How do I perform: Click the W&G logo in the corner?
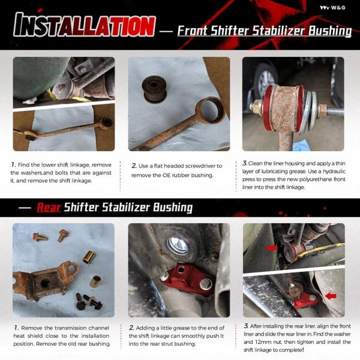click(x=332, y=8)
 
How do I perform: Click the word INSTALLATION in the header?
click(x=85, y=25)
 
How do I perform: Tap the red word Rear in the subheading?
click(x=49, y=208)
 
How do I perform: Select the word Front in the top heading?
click(x=192, y=31)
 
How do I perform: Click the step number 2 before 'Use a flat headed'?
click(x=134, y=166)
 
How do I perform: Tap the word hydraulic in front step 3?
click(x=334, y=171)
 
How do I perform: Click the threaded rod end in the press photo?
click(x=335, y=112)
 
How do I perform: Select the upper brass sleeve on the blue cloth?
click(x=89, y=257)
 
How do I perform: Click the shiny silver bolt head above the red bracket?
click(x=178, y=246)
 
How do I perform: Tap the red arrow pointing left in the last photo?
click(x=331, y=296)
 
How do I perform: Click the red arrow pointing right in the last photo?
click(x=272, y=248)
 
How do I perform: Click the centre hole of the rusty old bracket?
click(x=45, y=283)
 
